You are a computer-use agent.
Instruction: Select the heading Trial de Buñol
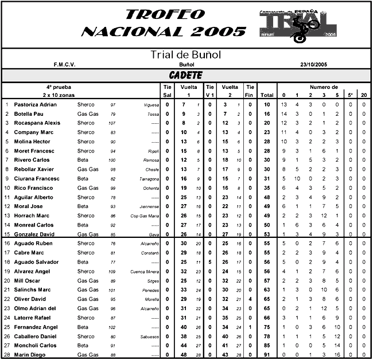pyautogui.click(x=185, y=55)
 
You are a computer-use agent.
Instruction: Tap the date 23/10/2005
pyautogui.click(x=313, y=65)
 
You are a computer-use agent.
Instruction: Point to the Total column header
pyautogui.click(x=267, y=95)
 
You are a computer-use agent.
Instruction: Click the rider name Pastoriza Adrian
pyautogui.click(x=36, y=105)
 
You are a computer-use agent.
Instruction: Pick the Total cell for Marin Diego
pyautogui.click(x=267, y=355)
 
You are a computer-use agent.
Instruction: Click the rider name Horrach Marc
pyautogui.click(x=30, y=216)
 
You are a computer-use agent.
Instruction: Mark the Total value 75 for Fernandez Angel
pyautogui.click(x=267, y=327)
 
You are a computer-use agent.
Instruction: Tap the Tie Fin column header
pyautogui.click(x=250, y=91)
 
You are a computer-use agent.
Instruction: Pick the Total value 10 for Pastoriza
pyautogui.click(x=267, y=105)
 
